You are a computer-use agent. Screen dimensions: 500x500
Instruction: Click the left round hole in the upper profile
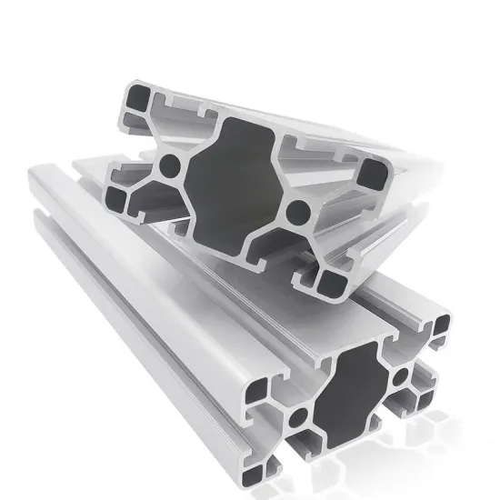[169, 165]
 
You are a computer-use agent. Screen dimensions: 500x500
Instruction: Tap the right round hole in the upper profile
[295, 214]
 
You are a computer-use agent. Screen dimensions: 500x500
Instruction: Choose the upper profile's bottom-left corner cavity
[120, 195]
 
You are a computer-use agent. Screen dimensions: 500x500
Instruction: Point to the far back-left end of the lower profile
[41, 177]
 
